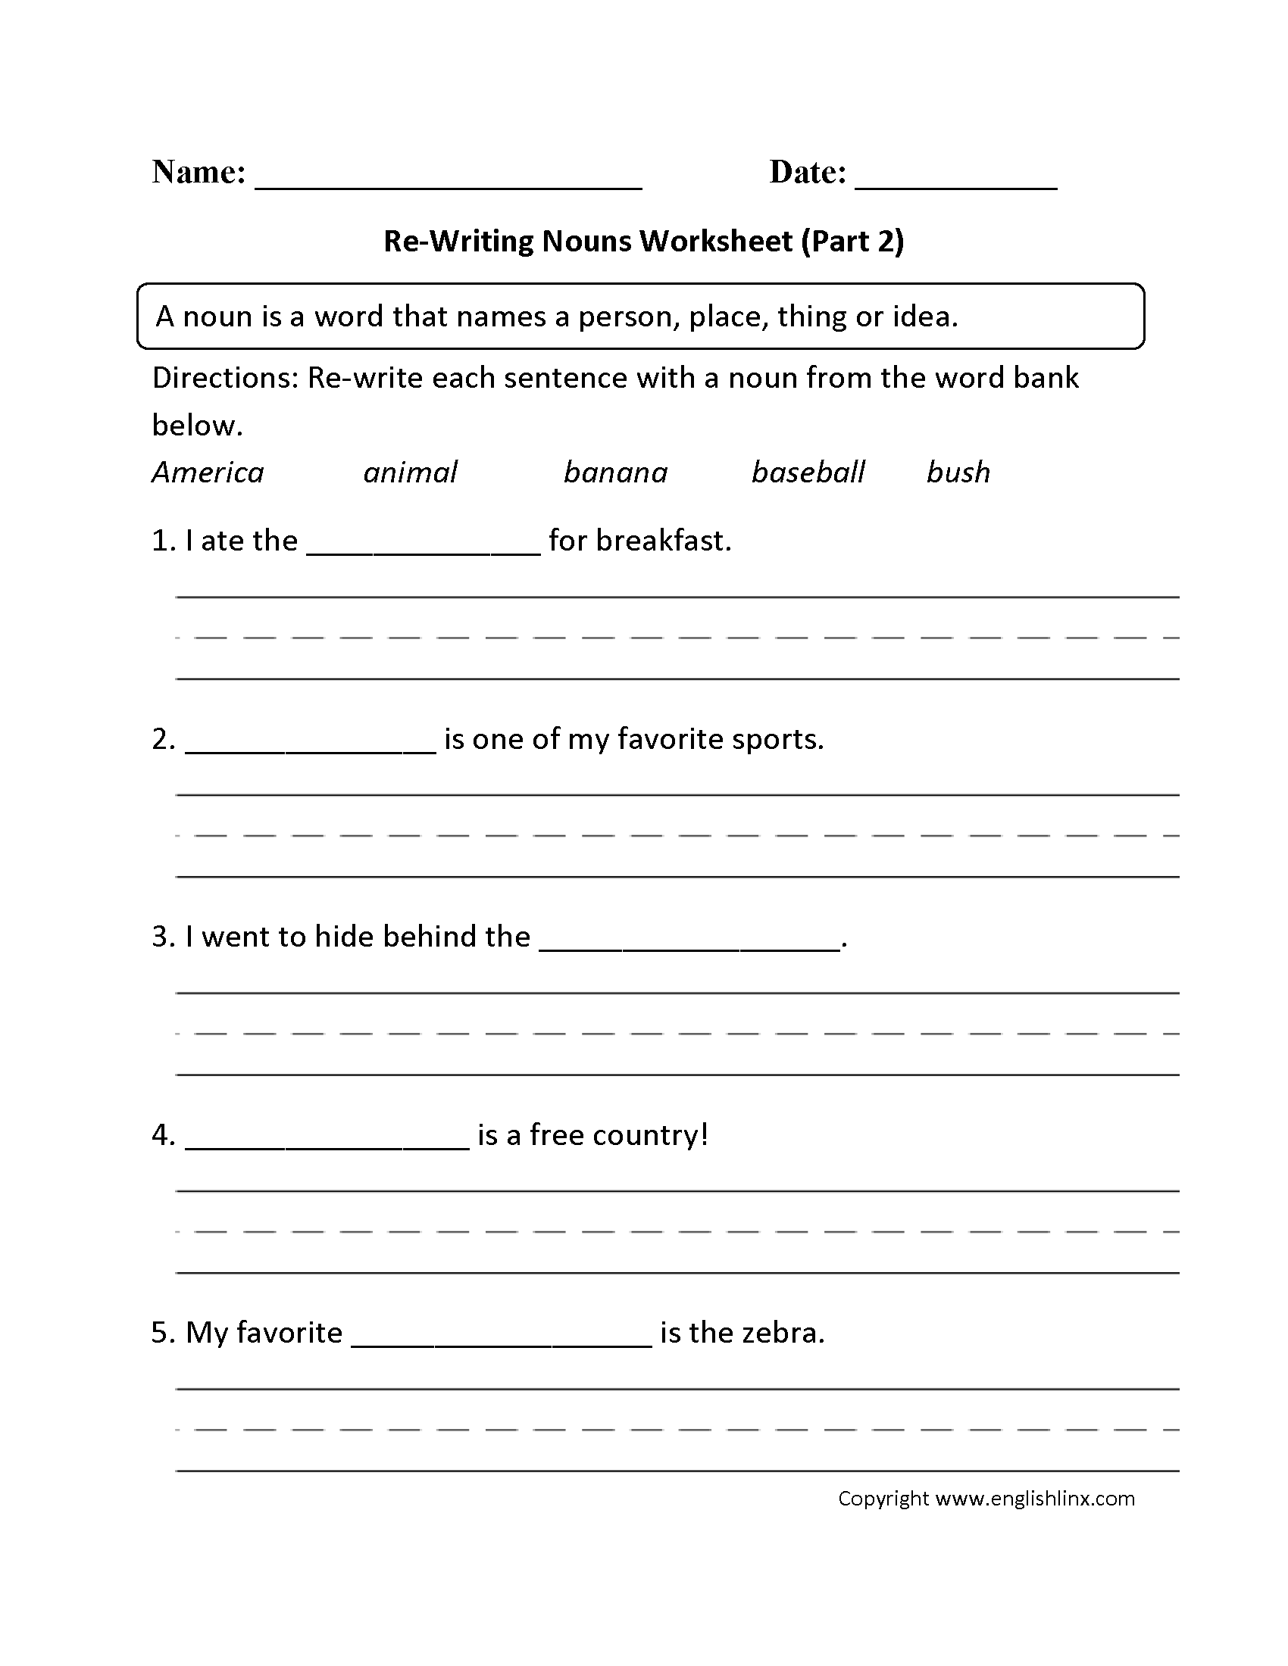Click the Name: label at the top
[x=199, y=173]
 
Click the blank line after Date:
[x=956, y=183]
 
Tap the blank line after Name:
[x=449, y=183]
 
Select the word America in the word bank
[x=208, y=473]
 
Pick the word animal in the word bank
[x=411, y=473]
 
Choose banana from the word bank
[x=616, y=473]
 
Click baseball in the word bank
[x=808, y=473]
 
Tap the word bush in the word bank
[x=958, y=473]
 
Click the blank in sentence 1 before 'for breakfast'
[x=424, y=549]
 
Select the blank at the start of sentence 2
[x=311, y=747]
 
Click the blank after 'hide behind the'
[x=689, y=945]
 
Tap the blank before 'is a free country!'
[x=327, y=1143]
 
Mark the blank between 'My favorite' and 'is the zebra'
[x=502, y=1341]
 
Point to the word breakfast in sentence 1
[x=663, y=541]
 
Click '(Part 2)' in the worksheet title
[x=852, y=241]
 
